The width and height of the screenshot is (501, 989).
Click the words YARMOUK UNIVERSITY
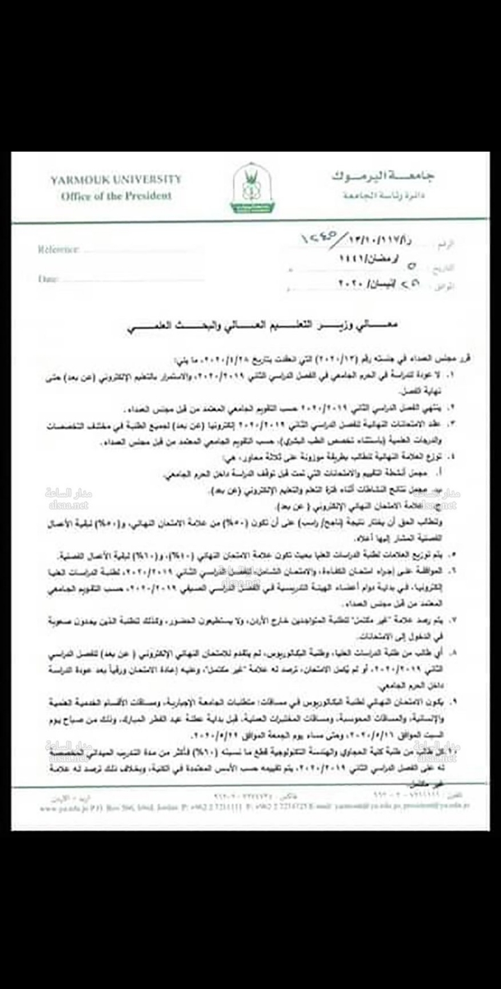coord(116,179)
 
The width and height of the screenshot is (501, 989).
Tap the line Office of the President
coord(116,195)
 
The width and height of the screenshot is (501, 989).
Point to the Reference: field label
coord(58,249)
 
